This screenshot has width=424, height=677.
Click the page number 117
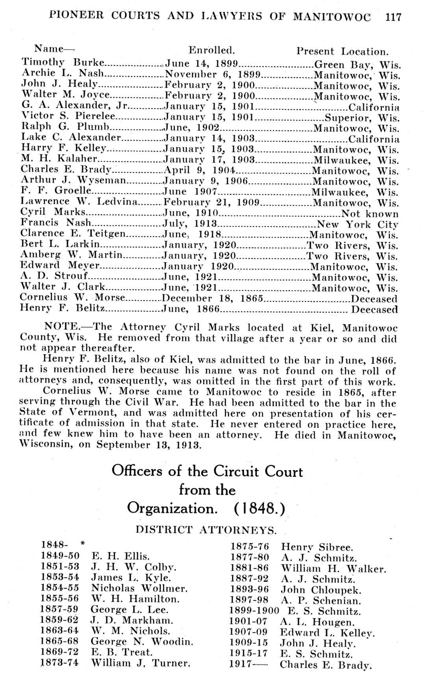[393, 17]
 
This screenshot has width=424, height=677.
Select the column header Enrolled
[212, 50]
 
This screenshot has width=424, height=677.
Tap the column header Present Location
[342, 52]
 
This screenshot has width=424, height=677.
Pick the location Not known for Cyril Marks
[370, 214]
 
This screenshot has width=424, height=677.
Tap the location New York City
[358, 225]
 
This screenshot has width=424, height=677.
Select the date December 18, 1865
[212, 298]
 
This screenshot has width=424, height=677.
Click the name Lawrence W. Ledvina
[79, 202]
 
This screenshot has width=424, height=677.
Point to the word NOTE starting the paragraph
[61, 327]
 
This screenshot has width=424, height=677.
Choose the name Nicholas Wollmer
[139, 589]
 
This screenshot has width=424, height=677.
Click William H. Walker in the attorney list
[333, 569]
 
